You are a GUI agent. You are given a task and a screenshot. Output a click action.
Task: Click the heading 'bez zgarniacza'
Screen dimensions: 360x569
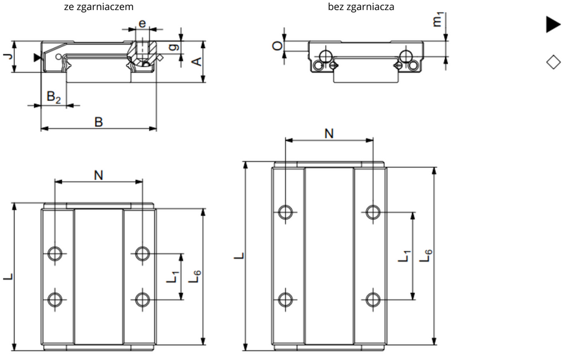point(361,7)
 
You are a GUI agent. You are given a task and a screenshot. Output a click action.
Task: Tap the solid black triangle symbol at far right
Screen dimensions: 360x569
point(553,25)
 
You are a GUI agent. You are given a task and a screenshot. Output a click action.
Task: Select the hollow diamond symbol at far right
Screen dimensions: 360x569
point(553,62)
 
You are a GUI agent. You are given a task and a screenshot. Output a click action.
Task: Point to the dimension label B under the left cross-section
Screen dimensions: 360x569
point(98,122)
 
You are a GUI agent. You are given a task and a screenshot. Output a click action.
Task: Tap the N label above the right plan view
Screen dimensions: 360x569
point(329,133)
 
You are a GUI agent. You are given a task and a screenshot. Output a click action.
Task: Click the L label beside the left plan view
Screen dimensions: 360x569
point(7,277)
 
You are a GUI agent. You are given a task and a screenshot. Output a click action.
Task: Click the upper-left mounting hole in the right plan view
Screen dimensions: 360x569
point(286,211)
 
